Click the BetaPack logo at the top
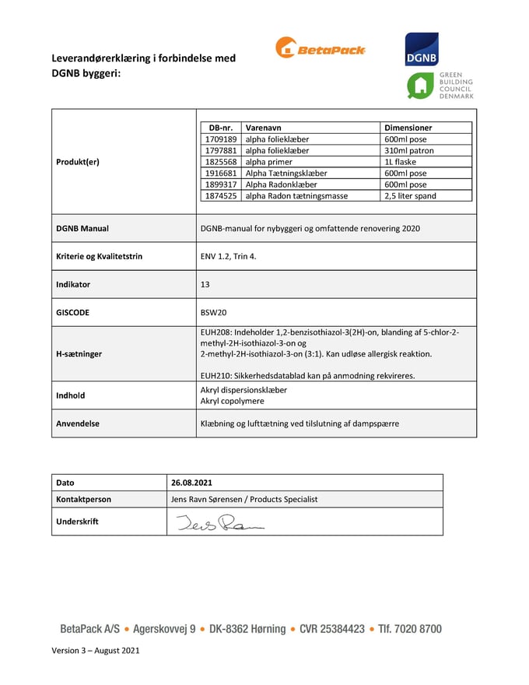click(320, 48)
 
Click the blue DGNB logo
click(421, 49)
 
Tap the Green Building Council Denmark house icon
click(421, 86)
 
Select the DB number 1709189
click(220, 139)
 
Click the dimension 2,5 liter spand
click(410, 196)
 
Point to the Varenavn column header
click(264, 128)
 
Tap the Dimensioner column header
click(408, 128)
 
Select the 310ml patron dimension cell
click(409, 150)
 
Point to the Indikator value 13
click(205, 284)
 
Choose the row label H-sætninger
click(79, 353)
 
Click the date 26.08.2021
click(192, 483)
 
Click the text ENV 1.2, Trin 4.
click(229, 256)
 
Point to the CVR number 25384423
click(332, 629)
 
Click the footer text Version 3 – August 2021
click(96, 650)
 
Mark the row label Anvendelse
click(78, 423)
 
